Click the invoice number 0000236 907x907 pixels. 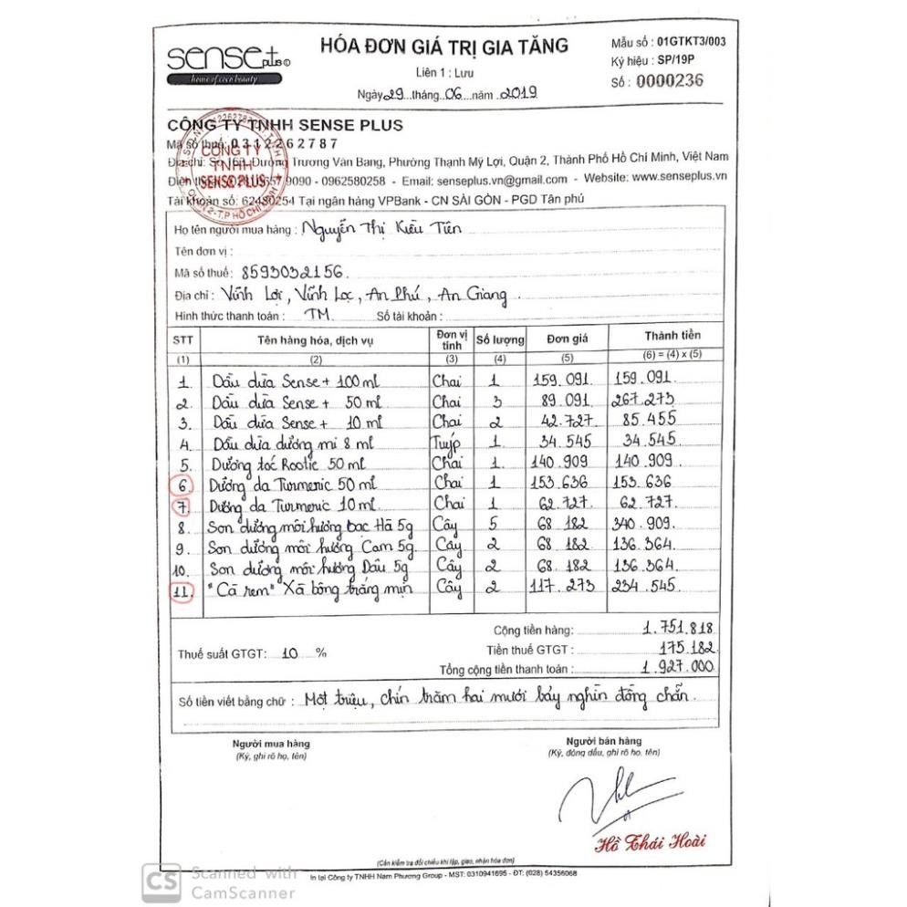[670, 81]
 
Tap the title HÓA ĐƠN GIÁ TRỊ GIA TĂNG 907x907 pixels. [443, 46]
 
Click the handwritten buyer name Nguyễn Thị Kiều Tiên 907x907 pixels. [383, 229]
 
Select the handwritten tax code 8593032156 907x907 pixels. [293, 271]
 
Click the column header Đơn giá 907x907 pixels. [567, 339]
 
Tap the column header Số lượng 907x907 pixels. [500, 339]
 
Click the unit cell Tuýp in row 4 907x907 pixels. [448, 442]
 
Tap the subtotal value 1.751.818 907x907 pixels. [676, 627]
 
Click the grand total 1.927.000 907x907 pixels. [676, 667]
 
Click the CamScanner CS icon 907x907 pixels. [161, 881]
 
